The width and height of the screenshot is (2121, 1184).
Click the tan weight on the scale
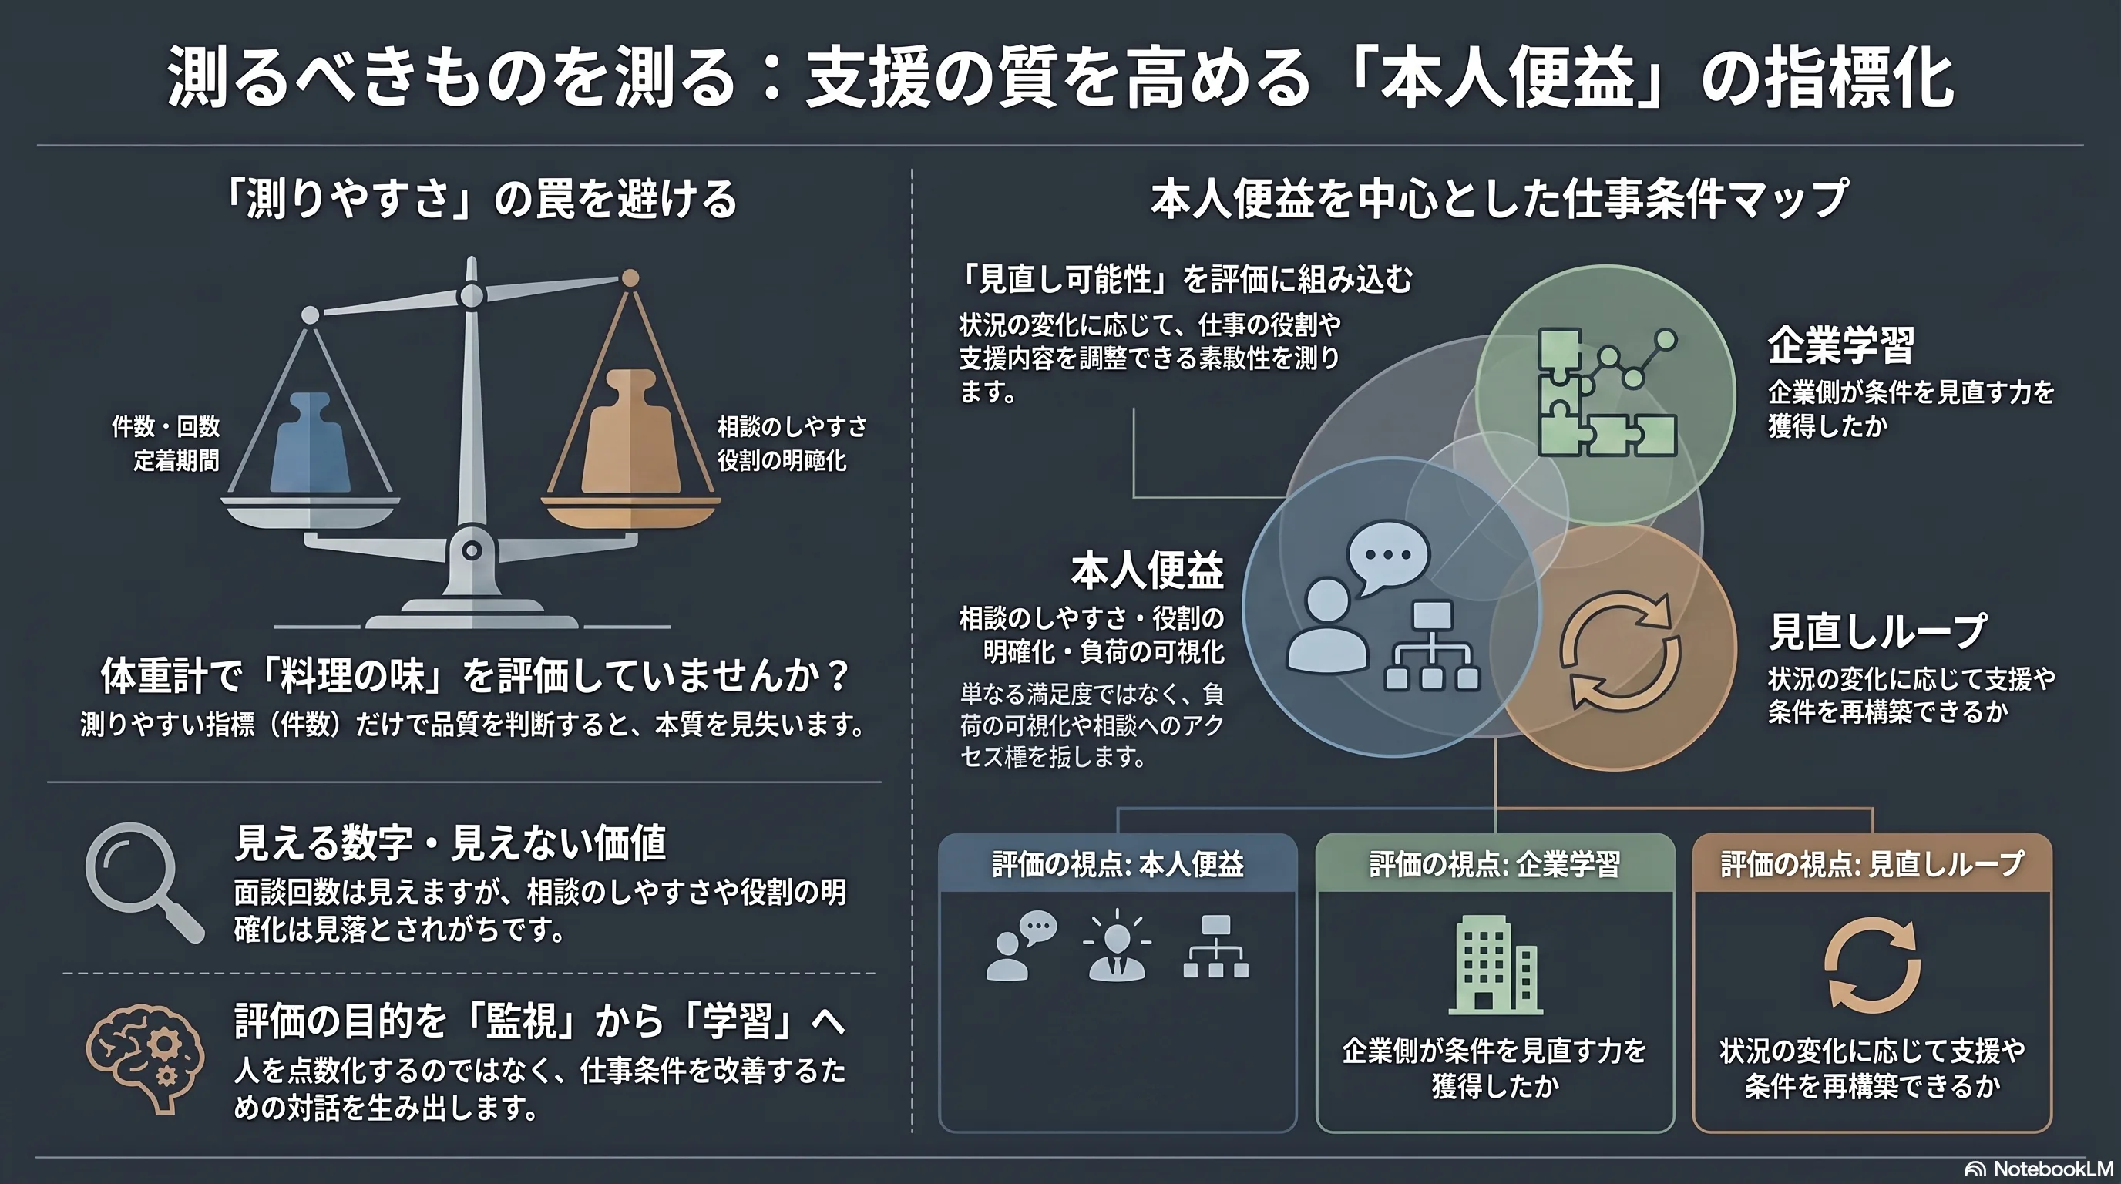630,432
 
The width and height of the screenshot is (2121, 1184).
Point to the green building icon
1495,964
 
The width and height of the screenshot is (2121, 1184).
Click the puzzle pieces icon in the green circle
1605,393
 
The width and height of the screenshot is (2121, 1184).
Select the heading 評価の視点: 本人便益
1118,863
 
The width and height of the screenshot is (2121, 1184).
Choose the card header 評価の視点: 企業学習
1494,863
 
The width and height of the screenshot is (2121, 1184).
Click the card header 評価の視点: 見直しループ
1871,863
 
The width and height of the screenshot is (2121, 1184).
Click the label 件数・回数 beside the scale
166,426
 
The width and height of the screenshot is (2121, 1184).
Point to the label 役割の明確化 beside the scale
782,460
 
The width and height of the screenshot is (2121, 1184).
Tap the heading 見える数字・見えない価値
449,843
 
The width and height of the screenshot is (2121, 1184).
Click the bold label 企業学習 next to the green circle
1841,345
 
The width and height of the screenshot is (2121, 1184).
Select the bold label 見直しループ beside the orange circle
1878,631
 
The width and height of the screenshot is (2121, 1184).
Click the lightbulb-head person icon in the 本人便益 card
1118,946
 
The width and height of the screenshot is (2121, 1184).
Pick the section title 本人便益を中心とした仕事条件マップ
1498,198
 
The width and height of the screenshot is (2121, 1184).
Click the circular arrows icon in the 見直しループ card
1871,964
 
